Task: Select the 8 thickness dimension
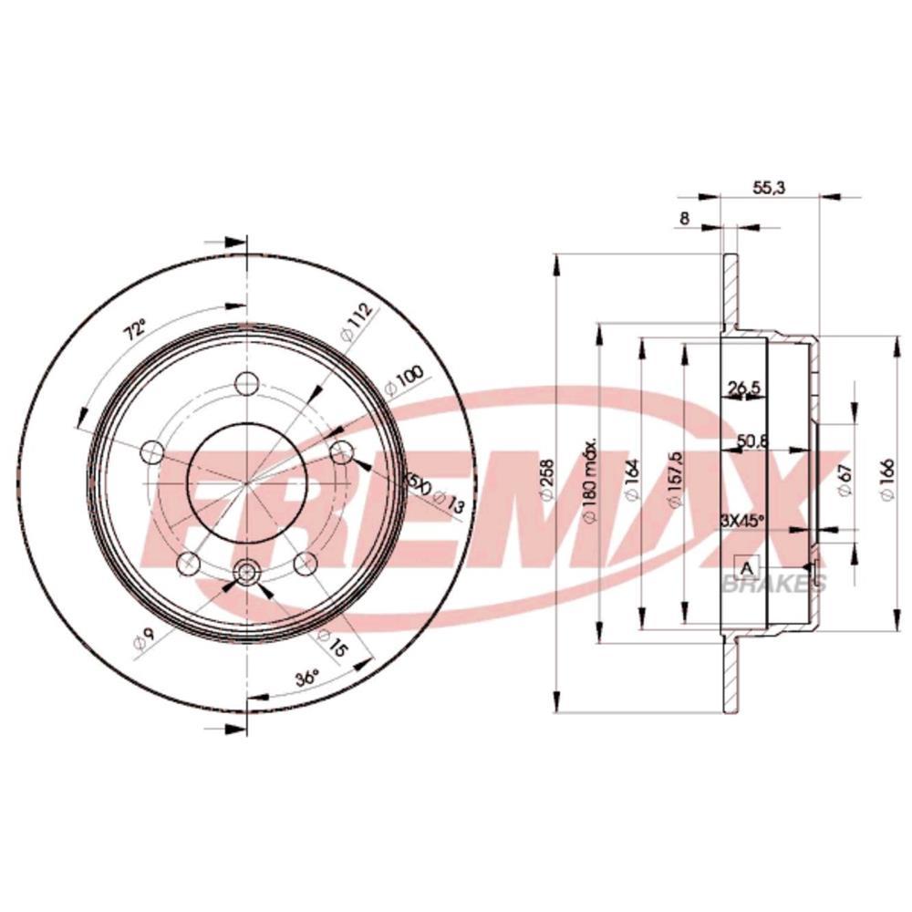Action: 684,218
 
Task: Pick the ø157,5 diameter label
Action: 676,480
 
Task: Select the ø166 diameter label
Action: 884,480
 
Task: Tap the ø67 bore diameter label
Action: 845,480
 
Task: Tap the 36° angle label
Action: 306,679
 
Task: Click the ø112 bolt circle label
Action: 358,323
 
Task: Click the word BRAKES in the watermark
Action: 773,585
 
